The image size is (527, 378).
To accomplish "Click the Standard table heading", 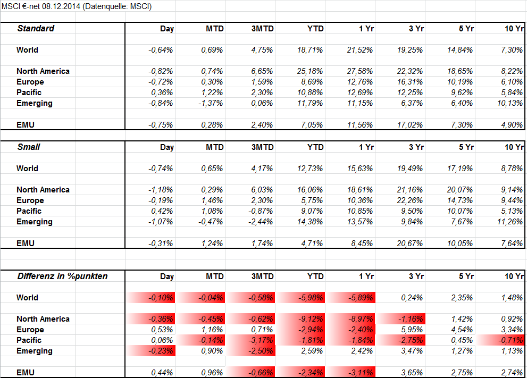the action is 36,29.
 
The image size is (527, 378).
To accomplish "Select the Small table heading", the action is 29,147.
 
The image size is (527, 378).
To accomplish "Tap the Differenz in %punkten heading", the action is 63,276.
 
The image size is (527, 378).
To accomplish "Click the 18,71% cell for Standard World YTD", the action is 310,50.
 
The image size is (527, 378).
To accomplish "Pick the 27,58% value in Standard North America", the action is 360,71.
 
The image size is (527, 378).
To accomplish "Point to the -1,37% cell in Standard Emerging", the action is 211,103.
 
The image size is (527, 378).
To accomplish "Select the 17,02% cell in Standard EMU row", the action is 410,125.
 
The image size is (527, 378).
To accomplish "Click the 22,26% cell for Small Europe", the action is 410,200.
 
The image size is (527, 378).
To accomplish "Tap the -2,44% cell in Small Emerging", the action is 261,222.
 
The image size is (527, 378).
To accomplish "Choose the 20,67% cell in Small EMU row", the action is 410,243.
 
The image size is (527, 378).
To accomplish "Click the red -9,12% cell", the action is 310,319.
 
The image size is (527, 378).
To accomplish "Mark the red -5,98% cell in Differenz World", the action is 310,298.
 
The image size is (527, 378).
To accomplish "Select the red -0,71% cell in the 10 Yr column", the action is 511,340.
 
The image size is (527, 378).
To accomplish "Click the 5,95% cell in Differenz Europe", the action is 412,330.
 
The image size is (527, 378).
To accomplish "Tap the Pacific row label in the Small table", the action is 29,211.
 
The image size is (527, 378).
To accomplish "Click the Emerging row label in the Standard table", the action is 35,104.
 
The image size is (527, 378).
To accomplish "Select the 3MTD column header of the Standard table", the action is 263,29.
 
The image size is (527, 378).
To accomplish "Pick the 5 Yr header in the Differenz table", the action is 466,276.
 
